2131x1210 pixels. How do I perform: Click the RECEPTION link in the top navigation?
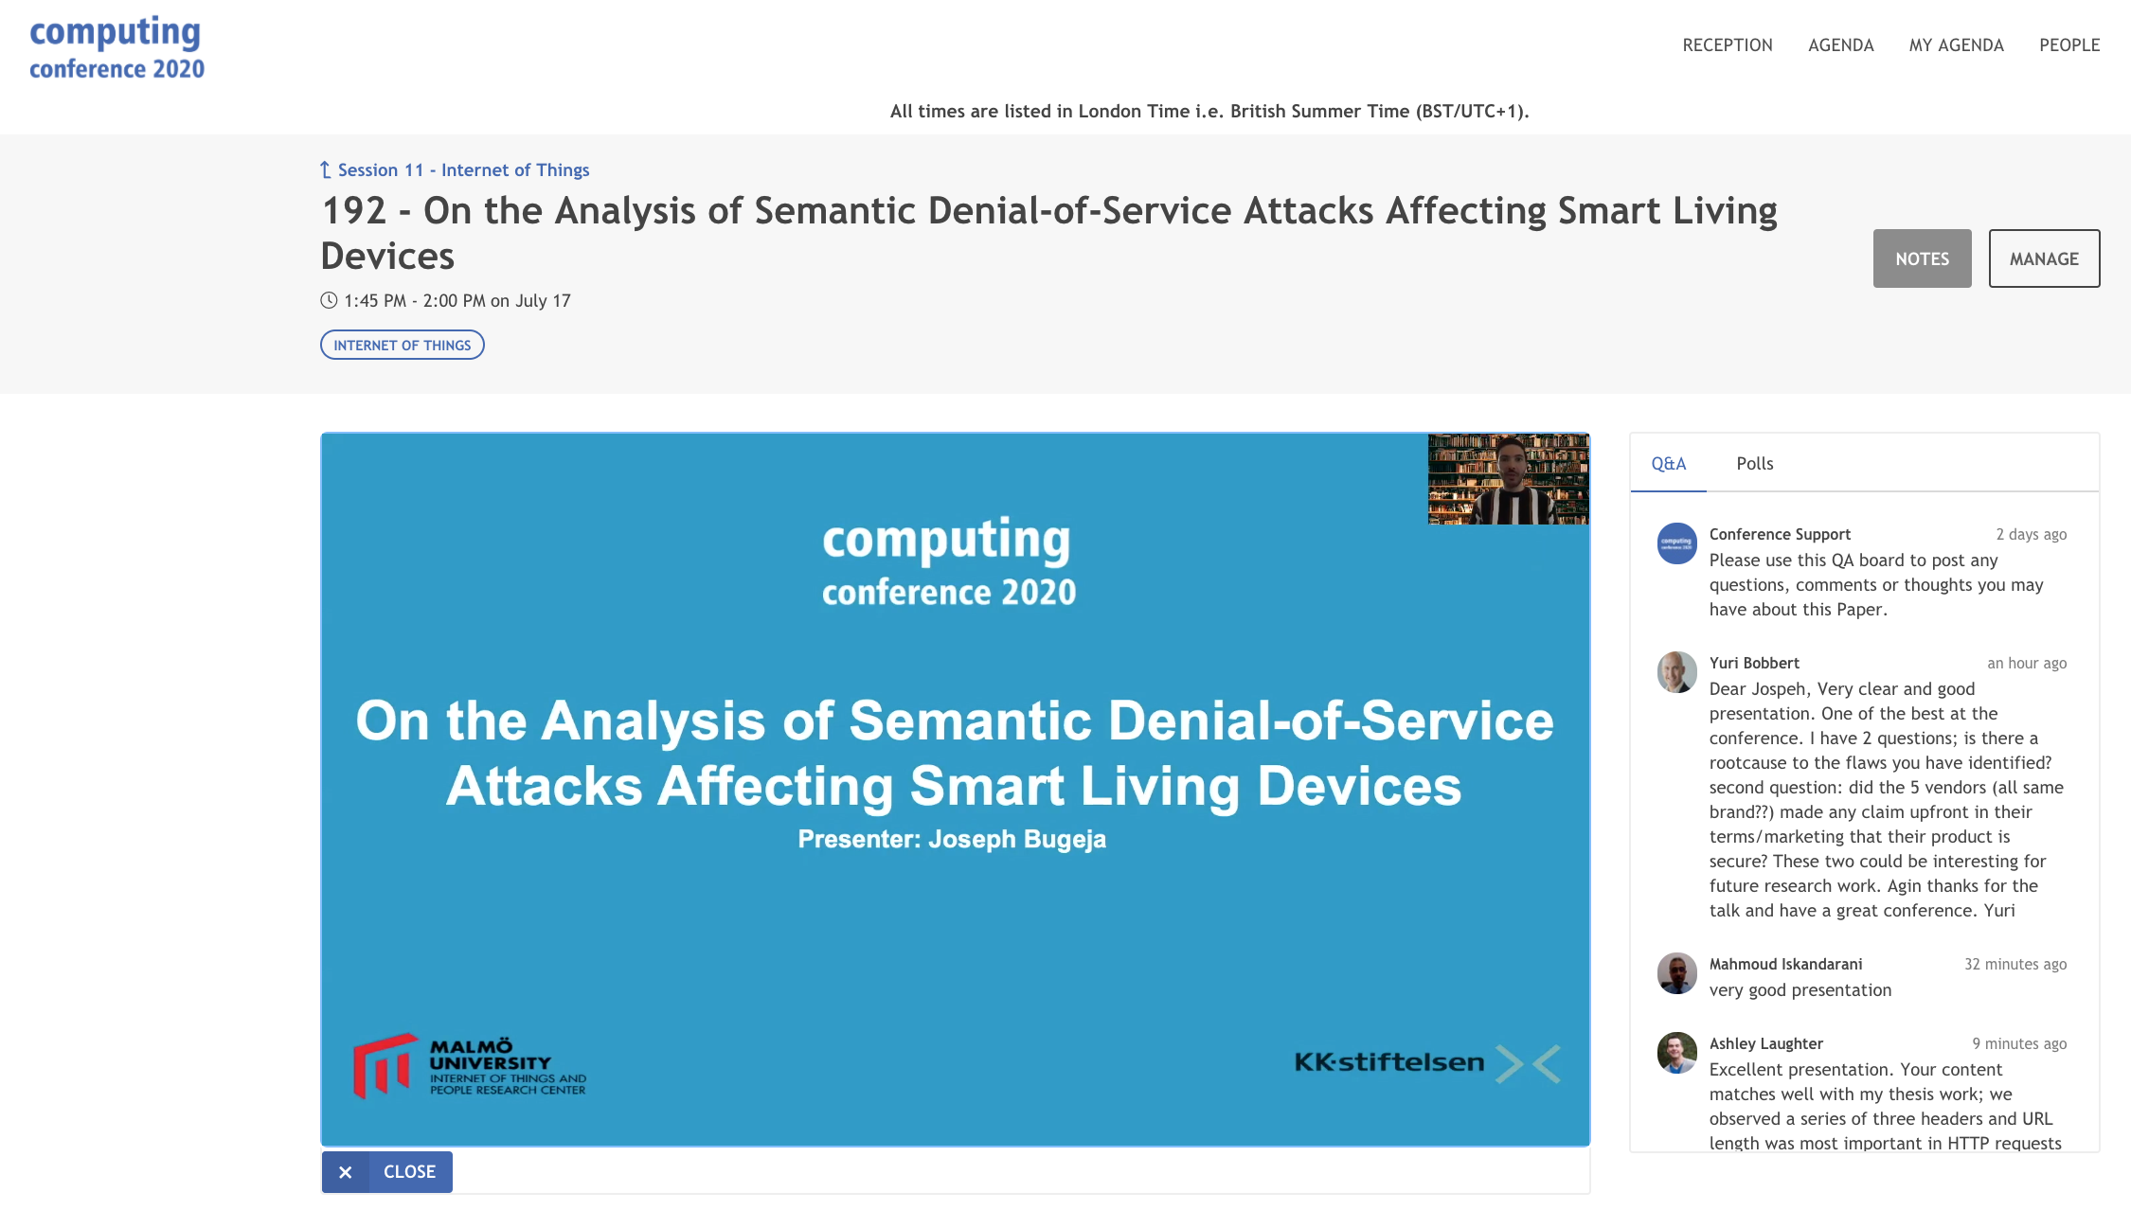coord(1728,44)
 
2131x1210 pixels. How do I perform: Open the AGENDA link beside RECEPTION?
coord(1840,44)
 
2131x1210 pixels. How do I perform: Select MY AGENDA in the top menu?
coord(1956,44)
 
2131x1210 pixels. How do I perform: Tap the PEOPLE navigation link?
coord(2069,44)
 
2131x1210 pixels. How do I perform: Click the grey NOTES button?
coord(1922,258)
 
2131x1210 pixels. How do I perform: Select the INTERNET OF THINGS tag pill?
coord(403,345)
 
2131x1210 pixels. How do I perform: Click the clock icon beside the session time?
coord(329,300)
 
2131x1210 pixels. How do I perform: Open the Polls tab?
coord(1754,463)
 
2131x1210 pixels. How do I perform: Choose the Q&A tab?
coord(1669,463)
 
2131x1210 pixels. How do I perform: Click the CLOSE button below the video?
coord(387,1172)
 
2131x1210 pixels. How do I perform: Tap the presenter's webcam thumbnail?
coord(1509,479)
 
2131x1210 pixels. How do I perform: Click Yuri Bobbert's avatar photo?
coord(1677,672)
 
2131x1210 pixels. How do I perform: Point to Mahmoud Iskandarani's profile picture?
coord(1677,973)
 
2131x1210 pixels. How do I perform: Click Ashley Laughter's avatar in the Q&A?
coord(1677,1053)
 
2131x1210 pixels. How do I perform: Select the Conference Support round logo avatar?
coord(1677,543)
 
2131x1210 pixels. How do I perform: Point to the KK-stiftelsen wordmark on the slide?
coord(1389,1062)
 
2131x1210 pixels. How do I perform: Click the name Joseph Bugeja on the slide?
coord(1017,840)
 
